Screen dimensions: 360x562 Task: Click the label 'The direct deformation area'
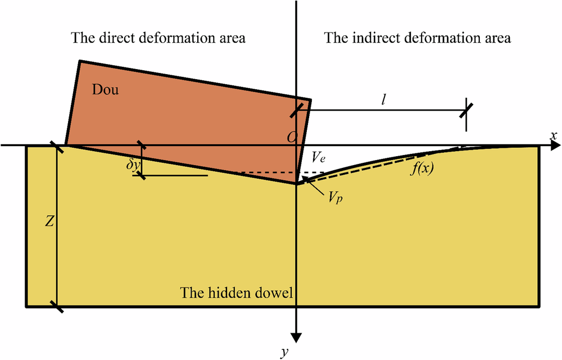(158, 39)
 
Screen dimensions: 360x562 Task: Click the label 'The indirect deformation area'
(418, 39)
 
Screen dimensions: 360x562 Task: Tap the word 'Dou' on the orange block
(106, 90)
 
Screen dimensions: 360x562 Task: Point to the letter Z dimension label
(49, 222)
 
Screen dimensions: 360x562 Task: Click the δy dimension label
(132, 167)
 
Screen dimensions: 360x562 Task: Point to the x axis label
(554, 136)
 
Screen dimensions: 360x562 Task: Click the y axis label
(285, 352)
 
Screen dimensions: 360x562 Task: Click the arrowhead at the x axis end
(552, 145)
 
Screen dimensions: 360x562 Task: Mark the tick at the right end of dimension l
(465, 108)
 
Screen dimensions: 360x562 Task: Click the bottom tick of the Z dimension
(56, 307)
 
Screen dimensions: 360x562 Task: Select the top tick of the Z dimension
(56, 147)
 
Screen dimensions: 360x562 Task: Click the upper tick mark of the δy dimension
(141, 147)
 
